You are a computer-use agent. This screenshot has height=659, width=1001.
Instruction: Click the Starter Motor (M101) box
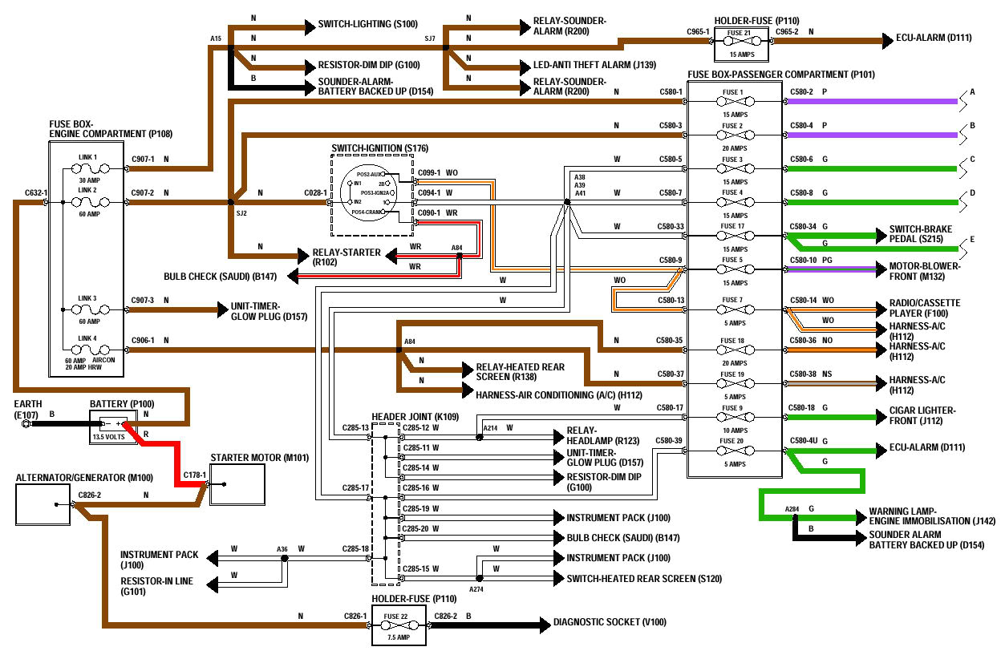pyautogui.click(x=237, y=484)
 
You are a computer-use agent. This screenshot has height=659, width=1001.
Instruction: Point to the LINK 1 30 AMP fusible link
pyautogui.click(x=89, y=168)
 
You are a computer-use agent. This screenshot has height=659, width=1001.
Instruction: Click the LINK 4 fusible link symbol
pyautogui.click(x=89, y=350)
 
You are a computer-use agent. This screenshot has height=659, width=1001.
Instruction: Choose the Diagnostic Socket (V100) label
pyautogui.click(x=609, y=621)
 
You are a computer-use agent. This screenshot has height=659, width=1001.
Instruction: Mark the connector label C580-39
pyautogui.click(x=668, y=440)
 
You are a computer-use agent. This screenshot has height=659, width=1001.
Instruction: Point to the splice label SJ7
pyautogui.click(x=430, y=38)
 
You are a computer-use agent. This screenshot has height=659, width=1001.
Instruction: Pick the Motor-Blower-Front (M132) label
pyautogui.click(x=923, y=271)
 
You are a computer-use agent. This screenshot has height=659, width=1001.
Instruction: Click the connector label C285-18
pyautogui.click(x=355, y=549)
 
